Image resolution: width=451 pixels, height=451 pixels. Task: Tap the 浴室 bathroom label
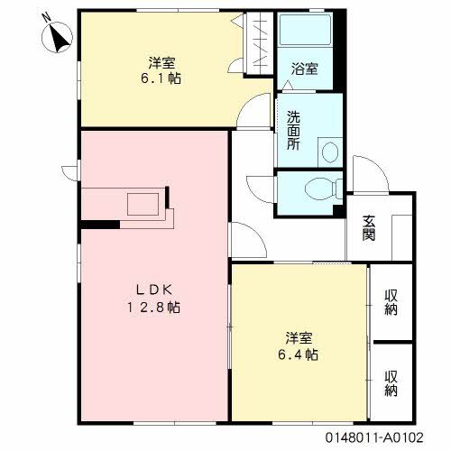(x=304, y=69)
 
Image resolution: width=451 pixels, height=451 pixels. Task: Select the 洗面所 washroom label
(x=294, y=130)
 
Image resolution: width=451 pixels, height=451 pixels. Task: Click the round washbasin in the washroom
(x=328, y=151)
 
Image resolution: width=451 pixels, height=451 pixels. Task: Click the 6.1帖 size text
(x=162, y=79)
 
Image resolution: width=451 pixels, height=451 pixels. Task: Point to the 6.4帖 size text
(x=299, y=354)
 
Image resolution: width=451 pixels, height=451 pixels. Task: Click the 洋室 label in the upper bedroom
(x=162, y=62)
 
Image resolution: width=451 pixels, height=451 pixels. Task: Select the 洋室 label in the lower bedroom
(x=299, y=337)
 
